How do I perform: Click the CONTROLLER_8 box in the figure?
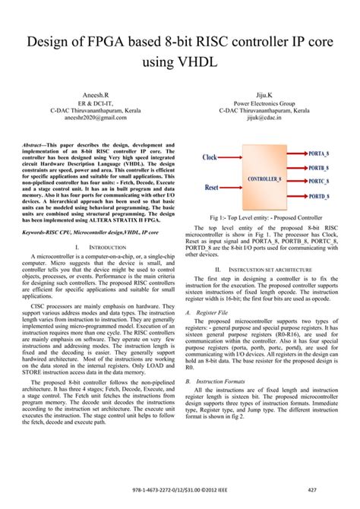pyautogui.click(x=267, y=179)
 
